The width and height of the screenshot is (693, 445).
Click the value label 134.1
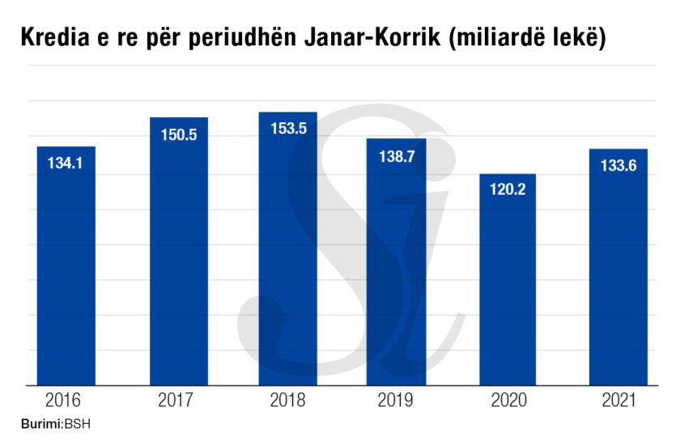[x=66, y=163]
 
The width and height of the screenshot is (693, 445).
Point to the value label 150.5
[x=179, y=135]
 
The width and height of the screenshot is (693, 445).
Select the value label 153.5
[x=288, y=129]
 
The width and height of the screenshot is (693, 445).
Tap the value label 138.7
[x=396, y=156]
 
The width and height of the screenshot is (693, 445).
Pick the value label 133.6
[x=618, y=166]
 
